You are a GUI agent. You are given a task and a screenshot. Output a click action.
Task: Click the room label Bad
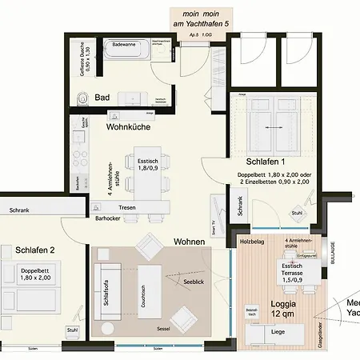tap(102, 98)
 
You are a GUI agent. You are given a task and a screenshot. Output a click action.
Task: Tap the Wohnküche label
tap(129, 126)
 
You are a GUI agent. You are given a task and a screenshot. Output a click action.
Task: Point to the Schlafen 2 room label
tap(35, 250)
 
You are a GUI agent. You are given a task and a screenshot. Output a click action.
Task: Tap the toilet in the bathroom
tap(82, 98)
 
